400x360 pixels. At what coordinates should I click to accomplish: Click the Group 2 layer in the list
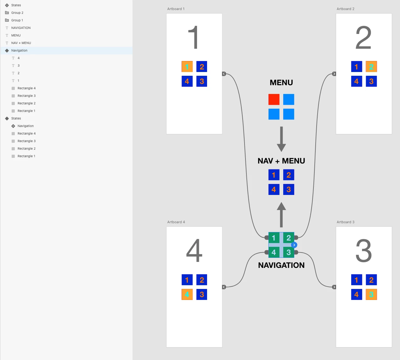17,13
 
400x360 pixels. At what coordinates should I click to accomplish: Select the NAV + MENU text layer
21,43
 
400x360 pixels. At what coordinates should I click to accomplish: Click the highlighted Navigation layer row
20,51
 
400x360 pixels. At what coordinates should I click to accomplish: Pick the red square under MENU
274,99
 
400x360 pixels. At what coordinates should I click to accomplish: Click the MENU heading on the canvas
281,83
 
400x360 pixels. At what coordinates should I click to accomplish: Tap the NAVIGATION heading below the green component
281,265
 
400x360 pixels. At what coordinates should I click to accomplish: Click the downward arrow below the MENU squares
281,139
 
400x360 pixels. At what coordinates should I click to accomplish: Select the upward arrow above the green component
281,214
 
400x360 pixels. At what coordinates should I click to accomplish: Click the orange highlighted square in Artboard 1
187,67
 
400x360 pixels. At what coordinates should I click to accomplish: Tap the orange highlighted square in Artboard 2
371,67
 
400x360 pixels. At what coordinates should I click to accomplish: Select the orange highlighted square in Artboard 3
371,295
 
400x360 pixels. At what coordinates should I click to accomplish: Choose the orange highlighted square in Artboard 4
187,295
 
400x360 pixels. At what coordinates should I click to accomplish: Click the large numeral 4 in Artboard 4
194,251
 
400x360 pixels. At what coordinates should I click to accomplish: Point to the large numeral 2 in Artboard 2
363,38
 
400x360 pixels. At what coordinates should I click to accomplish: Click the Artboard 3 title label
346,222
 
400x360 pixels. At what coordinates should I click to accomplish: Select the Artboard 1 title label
176,9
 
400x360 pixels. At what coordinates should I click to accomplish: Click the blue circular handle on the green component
294,245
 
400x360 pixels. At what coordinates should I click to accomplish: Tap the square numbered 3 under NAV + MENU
289,190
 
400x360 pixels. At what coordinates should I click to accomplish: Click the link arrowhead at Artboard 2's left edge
334,74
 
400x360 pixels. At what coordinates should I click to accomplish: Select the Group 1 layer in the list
17,20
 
